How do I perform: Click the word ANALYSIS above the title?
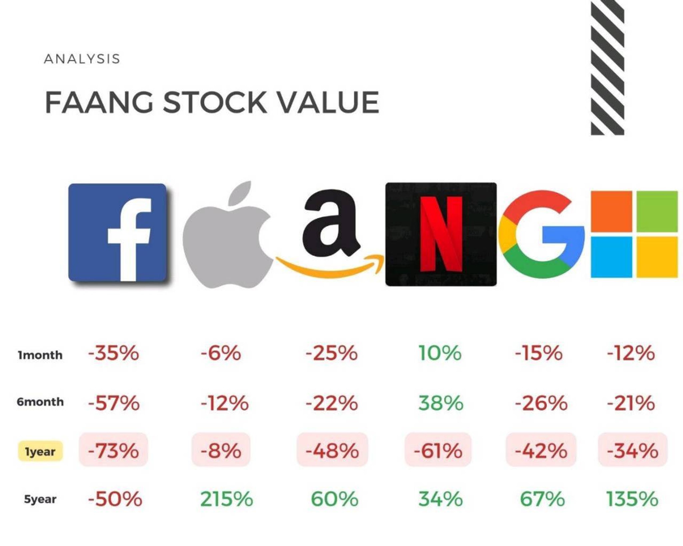click(x=82, y=59)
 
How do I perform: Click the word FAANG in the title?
click(x=99, y=102)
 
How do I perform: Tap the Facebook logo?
click(x=117, y=232)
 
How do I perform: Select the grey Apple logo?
click(x=227, y=234)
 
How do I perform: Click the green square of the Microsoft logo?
click(x=657, y=211)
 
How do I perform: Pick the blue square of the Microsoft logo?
click(x=611, y=257)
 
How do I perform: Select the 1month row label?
click(x=40, y=355)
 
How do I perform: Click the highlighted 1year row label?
click(x=40, y=451)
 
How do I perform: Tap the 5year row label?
click(x=40, y=499)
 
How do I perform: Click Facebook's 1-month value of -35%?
click(x=113, y=353)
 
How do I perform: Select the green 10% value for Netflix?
click(x=440, y=353)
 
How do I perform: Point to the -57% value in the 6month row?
click(x=114, y=403)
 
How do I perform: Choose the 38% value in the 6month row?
click(x=441, y=403)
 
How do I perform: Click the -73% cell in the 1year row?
click(x=113, y=450)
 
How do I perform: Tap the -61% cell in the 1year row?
click(x=438, y=450)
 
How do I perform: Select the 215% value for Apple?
click(x=226, y=499)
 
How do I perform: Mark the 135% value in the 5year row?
click(x=632, y=499)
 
